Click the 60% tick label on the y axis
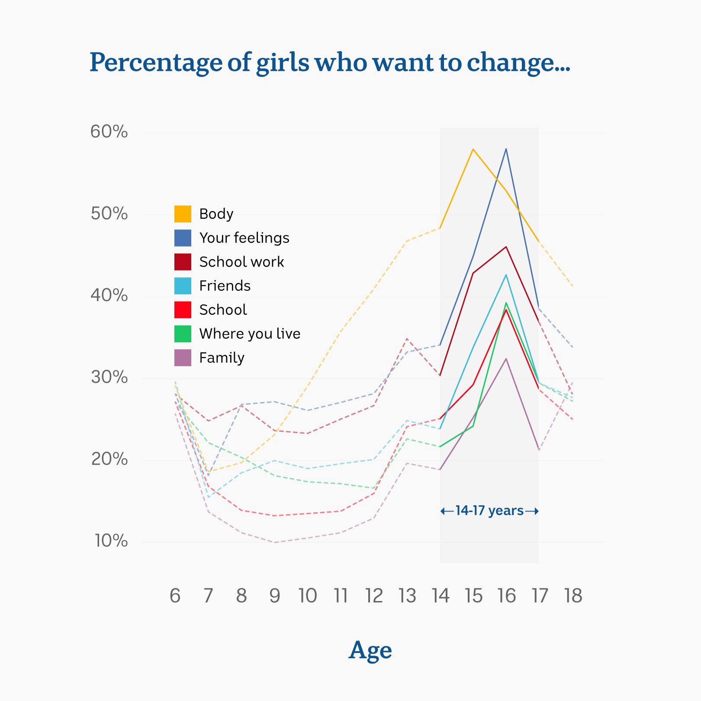pos(109,132)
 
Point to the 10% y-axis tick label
pos(111,541)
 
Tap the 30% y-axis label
pos(109,377)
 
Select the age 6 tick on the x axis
pos(175,596)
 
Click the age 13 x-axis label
pos(407,596)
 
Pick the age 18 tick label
pos(573,596)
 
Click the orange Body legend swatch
pos(183,214)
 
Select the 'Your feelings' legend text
pos(244,238)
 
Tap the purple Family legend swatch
pos(183,358)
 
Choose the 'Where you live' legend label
pos(250,334)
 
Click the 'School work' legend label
pos(241,262)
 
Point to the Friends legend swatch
pos(183,286)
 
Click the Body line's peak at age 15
pos(473,149)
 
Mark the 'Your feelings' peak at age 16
pos(506,149)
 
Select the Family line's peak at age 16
pos(506,359)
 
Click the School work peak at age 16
pos(506,247)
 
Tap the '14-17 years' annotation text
pos(489,511)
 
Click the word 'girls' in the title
pos(283,62)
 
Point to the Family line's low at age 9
pos(274,542)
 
